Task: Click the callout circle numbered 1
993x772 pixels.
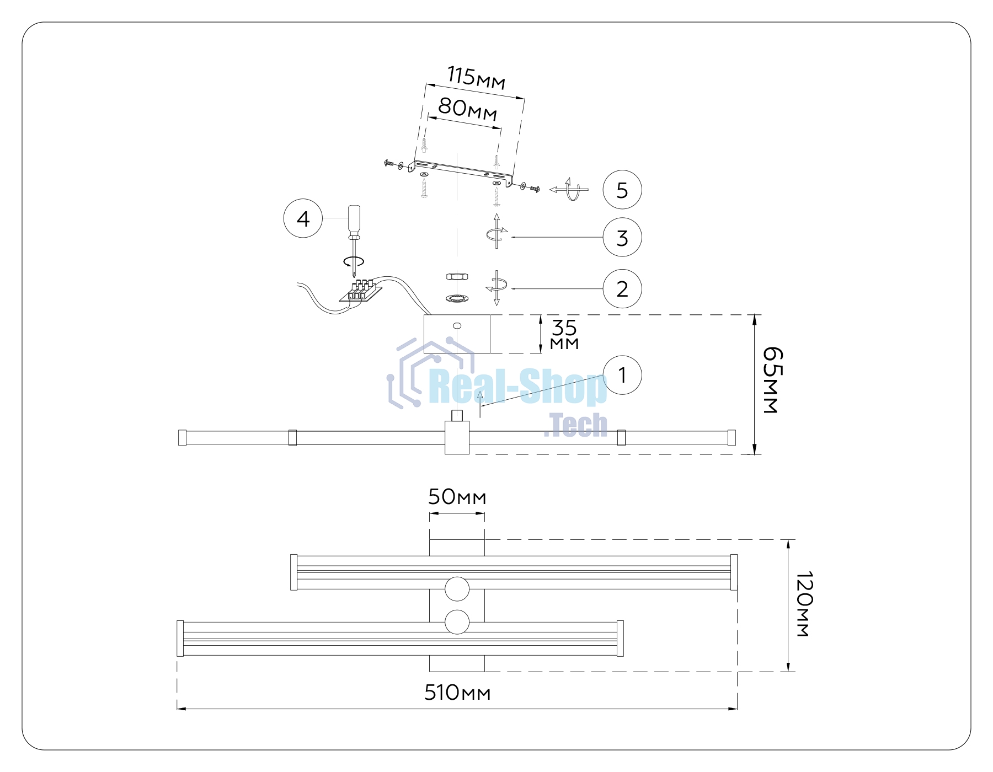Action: (x=622, y=375)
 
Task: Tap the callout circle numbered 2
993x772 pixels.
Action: (x=622, y=288)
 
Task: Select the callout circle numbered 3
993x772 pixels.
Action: (x=622, y=237)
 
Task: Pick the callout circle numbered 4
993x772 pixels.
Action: (x=303, y=218)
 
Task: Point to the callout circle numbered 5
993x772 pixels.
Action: (x=622, y=190)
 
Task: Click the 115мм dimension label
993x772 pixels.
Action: (x=476, y=78)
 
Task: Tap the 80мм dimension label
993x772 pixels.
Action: (x=468, y=109)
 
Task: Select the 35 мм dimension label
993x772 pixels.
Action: (x=564, y=334)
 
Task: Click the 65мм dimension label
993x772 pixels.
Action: (x=772, y=380)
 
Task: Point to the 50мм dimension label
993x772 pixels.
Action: (x=457, y=497)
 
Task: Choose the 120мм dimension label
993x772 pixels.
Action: (x=804, y=604)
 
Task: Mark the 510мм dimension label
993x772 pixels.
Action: (x=457, y=693)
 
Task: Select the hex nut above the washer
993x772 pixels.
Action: (x=457, y=276)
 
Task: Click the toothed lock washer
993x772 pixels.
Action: (x=457, y=298)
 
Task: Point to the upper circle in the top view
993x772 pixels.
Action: (x=457, y=589)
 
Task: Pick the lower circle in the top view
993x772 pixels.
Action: (x=457, y=622)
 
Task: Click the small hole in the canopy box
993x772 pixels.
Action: (x=457, y=325)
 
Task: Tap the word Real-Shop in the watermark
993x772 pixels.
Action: (x=517, y=388)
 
